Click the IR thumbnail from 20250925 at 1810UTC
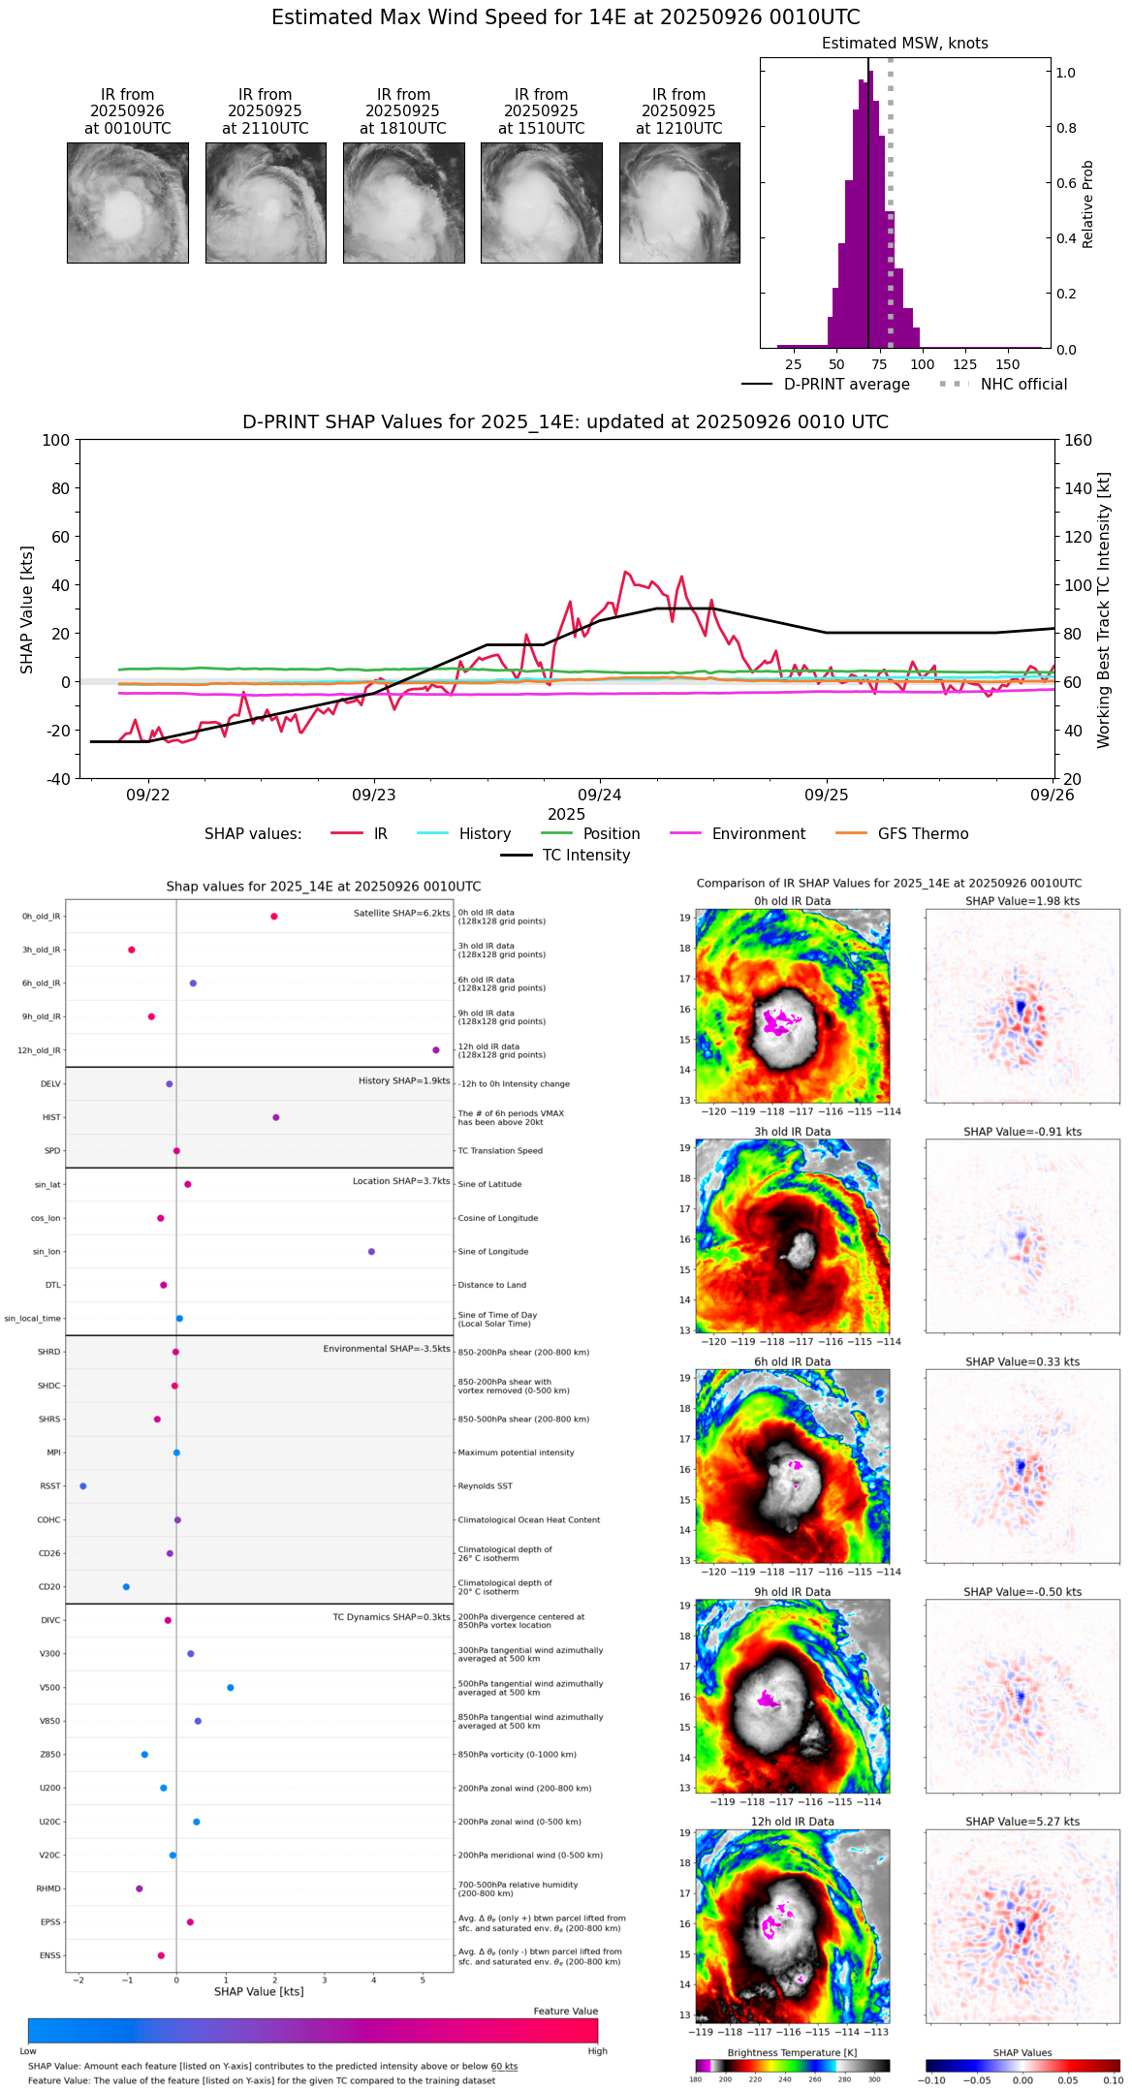click(x=403, y=203)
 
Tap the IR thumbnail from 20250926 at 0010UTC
click(x=128, y=203)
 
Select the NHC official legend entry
click(x=1023, y=385)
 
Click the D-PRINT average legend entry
click(x=846, y=385)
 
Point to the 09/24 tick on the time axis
click(x=600, y=795)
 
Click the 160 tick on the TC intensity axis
click(x=1078, y=440)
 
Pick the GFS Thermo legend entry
click(x=923, y=834)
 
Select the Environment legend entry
click(x=758, y=834)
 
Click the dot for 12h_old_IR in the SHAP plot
click(x=436, y=1050)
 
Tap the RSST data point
click(x=83, y=1486)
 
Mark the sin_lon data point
click(x=371, y=1252)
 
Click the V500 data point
click(x=231, y=1688)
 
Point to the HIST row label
click(x=51, y=1117)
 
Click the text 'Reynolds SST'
click(x=485, y=1486)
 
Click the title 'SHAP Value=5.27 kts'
click(x=1022, y=1822)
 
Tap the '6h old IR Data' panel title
click(x=792, y=1361)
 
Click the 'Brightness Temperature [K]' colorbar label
click(x=792, y=2052)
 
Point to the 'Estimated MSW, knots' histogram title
click(x=904, y=44)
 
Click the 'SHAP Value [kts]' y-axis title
click(x=27, y=609)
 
